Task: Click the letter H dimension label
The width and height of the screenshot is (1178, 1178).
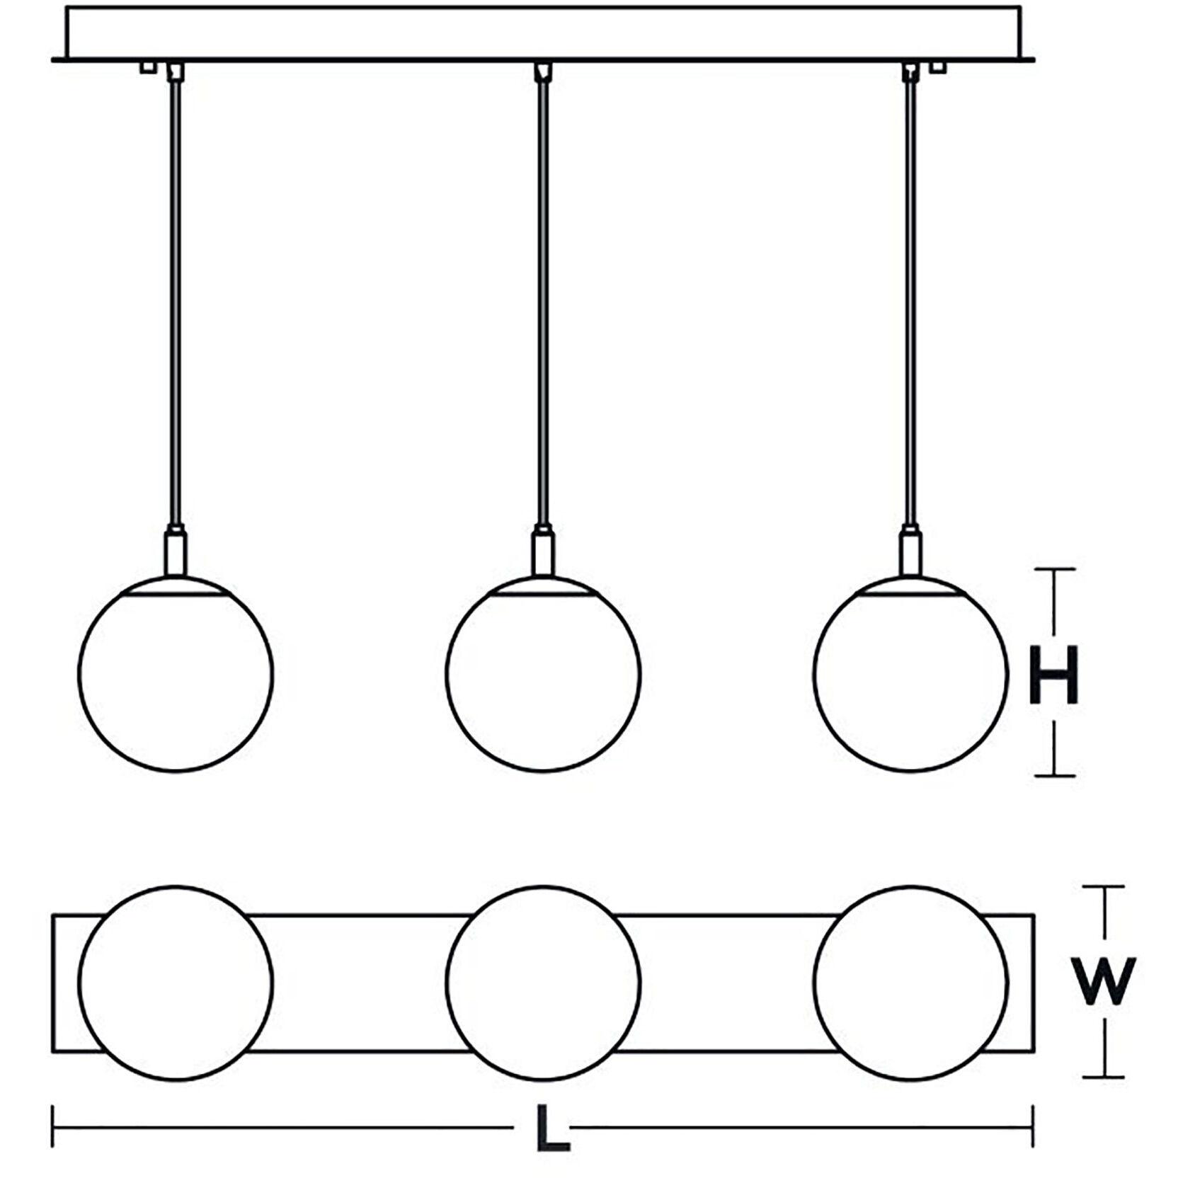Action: point(1053,675)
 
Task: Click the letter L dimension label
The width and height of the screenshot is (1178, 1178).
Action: point(552,1126)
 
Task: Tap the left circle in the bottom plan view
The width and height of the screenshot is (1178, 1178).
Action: point(175,982)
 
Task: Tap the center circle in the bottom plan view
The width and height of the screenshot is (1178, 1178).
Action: point(543,982)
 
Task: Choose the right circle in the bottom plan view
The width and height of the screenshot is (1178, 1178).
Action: point(910,982)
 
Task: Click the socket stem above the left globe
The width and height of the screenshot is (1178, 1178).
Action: point(176,553)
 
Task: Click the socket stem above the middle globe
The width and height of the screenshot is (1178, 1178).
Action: point(543,553)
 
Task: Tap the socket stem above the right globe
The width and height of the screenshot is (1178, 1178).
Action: point(910,553)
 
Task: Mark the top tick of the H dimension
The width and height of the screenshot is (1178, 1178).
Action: point(1055,568)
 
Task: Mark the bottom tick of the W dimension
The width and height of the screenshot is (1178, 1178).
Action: point(1103,1077)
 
